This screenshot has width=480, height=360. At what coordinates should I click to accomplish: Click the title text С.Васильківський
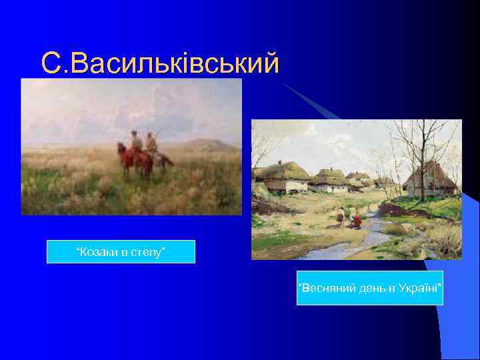coord(159,63)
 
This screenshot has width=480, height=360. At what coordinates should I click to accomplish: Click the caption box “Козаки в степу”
coord(121,251)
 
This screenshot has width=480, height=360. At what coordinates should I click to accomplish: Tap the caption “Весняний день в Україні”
coord(370,287)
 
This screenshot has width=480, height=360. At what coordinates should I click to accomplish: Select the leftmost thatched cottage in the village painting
coord(283,177)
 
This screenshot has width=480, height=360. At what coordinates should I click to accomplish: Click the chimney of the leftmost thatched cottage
coord(281,162)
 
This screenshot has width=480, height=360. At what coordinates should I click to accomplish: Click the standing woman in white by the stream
coord(341,215)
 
